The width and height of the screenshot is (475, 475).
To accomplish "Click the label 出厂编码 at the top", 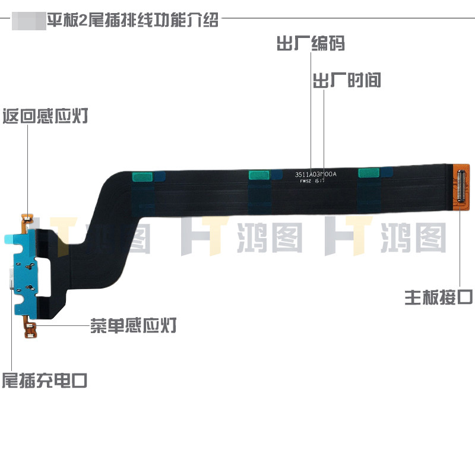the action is (x=311, y=44).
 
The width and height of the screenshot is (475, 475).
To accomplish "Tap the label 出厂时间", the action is (x=347, y=80).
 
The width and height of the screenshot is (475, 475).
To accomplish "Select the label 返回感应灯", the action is (x=46, y=115).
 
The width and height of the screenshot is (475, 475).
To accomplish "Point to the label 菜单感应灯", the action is (x=133, y=326).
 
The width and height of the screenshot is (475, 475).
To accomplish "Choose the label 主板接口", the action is (x=439, y=296).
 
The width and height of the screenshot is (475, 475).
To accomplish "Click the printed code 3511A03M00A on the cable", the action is (x=316, y=175).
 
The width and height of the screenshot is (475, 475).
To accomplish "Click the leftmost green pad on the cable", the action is (x=141, y=176).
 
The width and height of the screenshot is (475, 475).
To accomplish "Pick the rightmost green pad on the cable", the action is (x=369, y=172).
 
